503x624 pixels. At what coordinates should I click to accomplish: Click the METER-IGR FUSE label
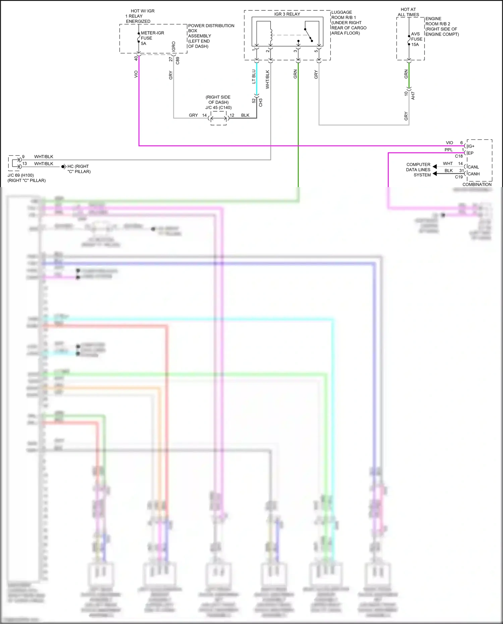(152, 38)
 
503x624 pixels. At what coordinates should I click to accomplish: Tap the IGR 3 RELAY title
(287, 14)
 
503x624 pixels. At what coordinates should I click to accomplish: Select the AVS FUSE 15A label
(415, 39)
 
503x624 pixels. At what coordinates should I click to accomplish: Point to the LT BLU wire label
(254, 76)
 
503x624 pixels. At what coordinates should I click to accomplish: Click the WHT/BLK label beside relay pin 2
(268, 79)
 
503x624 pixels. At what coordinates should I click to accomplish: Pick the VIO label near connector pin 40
(136, 74)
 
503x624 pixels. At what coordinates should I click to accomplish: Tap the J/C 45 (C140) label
(218, 108)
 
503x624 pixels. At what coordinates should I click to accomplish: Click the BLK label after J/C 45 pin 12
(245, 115)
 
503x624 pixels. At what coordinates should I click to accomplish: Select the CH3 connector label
(261, 103)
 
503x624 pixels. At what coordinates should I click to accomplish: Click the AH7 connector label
(413, 96)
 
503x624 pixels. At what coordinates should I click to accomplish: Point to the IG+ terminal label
(471, 146)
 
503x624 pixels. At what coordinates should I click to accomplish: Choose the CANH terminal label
(473, 174)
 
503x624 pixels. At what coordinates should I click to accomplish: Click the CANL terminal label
(473, 167)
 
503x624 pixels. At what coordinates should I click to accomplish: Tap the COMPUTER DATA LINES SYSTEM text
(418, 170)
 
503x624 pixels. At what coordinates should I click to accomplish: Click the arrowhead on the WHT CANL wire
(435, 167)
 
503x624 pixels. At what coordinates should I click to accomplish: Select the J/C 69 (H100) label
(21, 175)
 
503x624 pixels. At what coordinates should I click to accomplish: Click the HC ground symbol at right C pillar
(63, 167)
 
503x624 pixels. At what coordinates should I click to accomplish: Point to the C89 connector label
(178, 61)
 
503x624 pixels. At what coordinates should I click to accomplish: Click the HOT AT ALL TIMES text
(408, 12)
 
